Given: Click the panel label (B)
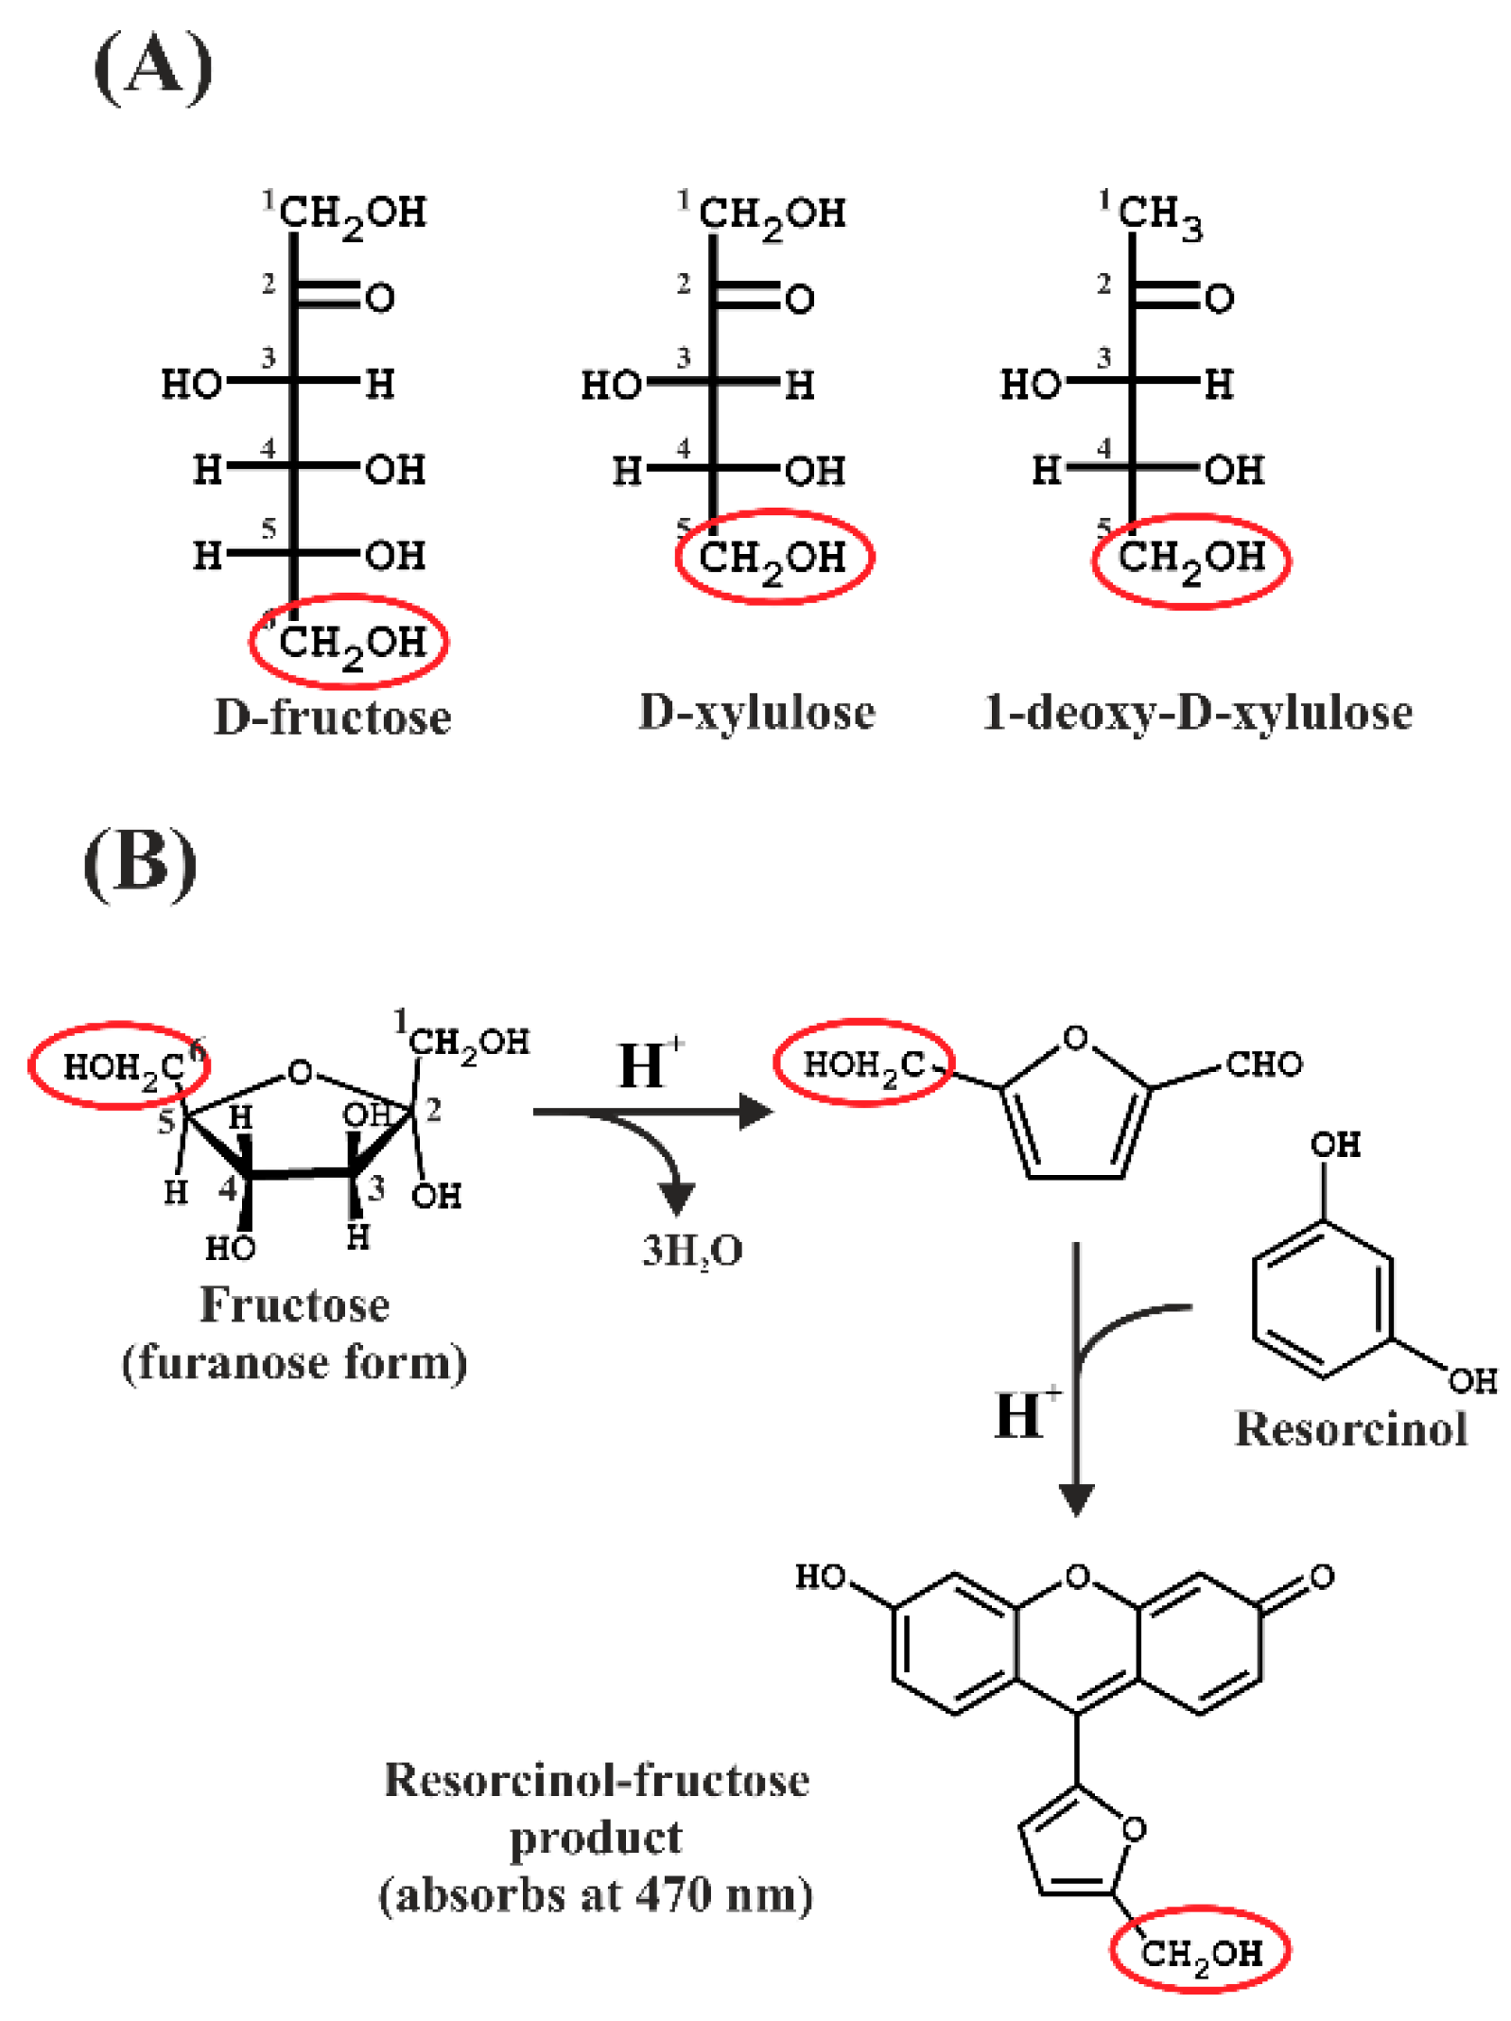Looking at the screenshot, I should click(140, 862).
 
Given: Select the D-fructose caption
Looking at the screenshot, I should click(332, 717).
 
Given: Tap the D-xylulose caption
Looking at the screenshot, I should click(756, 712).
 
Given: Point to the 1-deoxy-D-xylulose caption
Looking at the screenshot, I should click(1197, 712).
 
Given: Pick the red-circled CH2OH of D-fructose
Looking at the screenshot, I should click(350, 643).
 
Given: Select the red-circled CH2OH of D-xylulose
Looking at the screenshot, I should click(773, 558).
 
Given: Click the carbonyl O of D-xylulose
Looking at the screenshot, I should click(799, 300).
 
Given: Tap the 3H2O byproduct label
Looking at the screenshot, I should click(692, 1251).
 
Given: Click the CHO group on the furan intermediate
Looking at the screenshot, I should click(1263, 1064).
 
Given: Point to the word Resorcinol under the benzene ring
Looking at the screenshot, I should click(1350, 1427).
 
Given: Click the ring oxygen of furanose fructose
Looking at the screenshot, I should click(300, 1072).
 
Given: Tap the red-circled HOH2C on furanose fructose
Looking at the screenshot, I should click(119, 1066).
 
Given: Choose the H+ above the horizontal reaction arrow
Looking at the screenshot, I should click(649, 1064).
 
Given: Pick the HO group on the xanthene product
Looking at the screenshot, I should click(821, 1577).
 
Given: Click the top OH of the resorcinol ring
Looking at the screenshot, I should click(1334, 1145).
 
